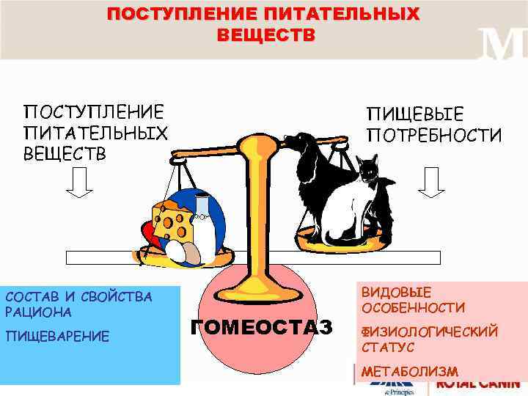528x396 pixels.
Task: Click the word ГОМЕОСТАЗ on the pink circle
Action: [261, 326]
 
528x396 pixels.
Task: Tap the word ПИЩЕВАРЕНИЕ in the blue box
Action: [57, 336]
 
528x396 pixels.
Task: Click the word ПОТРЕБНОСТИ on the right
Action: [435, 136]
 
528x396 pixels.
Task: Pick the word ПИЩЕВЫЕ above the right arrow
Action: [415, 115]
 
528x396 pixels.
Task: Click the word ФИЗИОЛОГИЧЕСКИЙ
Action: [429, 331]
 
